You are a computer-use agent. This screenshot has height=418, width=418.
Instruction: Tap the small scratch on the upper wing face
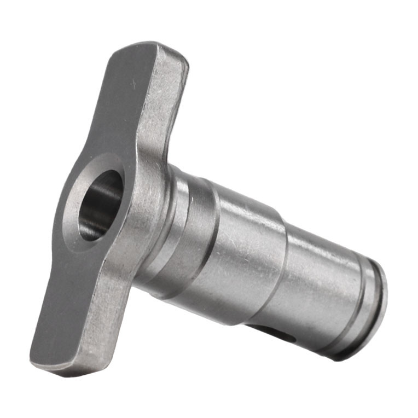click(131, 83)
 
